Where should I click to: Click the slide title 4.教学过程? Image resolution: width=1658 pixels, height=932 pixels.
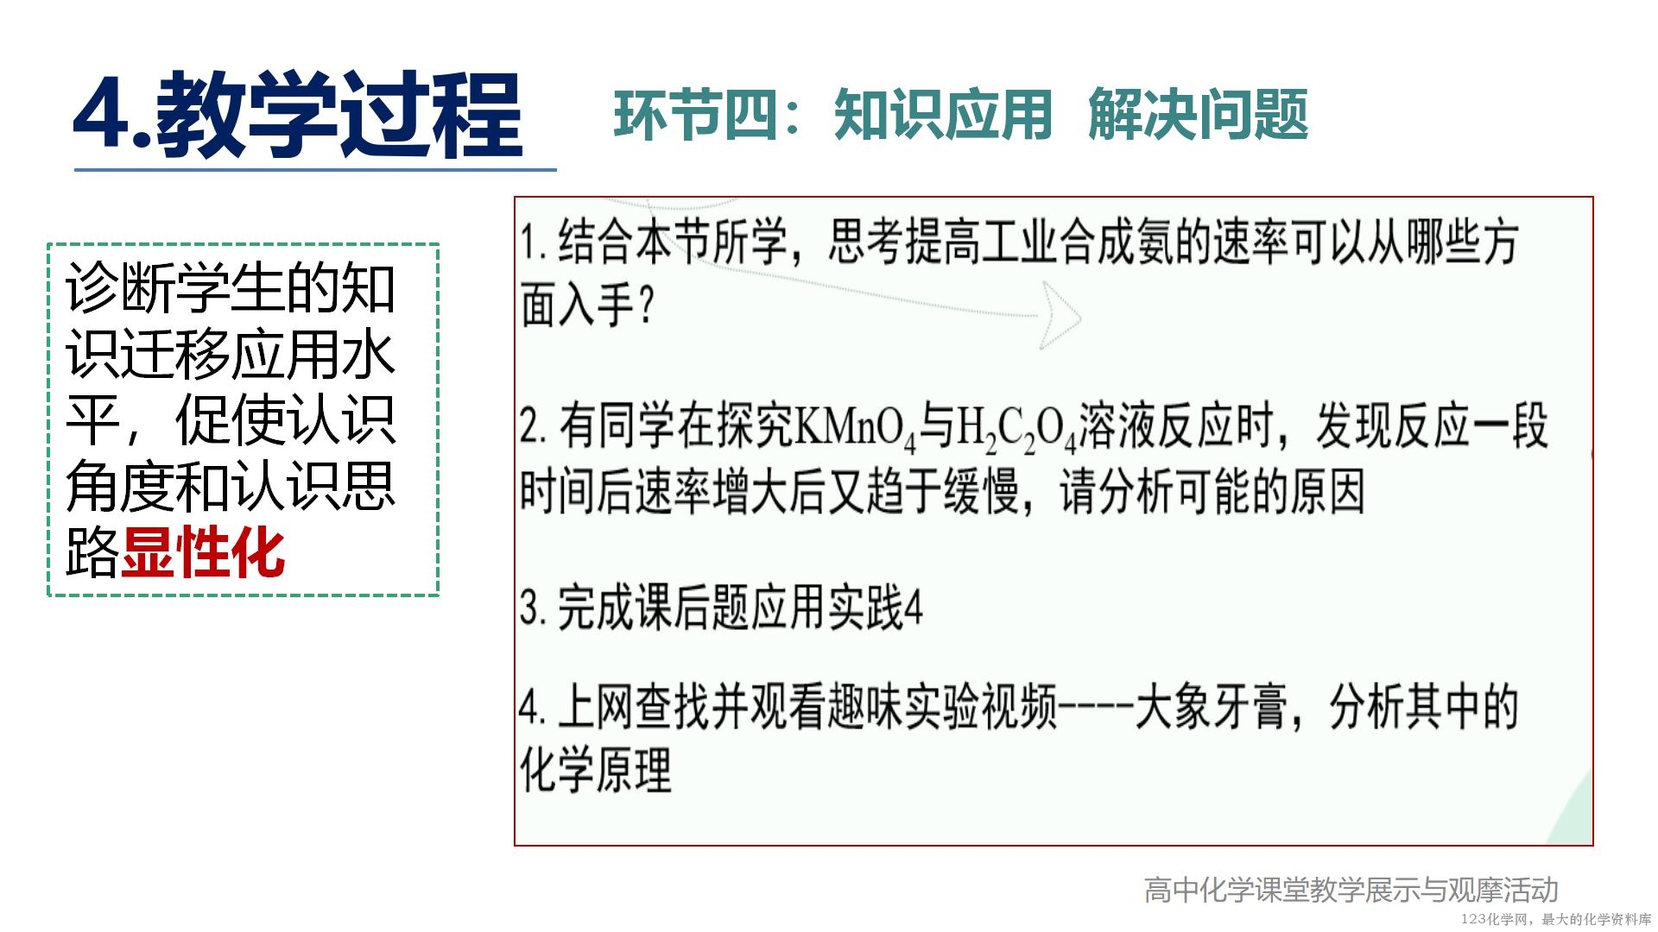(x=298, y=115)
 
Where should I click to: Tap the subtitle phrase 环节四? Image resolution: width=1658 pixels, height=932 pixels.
(x=695, y=115)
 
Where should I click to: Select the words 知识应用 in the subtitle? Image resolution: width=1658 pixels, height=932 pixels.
(x=943, y=115)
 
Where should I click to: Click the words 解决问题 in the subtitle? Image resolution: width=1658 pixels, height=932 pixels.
(x=1199, y=115)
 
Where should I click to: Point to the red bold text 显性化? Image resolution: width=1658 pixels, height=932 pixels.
(x=203, y=552)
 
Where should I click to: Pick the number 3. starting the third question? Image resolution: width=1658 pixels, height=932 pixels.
(x=533, y=608)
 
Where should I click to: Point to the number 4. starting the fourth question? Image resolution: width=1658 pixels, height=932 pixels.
(x=533, y=707)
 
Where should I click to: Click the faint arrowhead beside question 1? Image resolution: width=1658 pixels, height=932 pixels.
(x=1060, y=316)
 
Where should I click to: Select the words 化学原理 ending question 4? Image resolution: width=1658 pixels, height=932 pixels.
(x=596, y=769)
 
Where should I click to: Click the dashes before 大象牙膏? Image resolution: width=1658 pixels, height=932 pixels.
(x=1096, y=708)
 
